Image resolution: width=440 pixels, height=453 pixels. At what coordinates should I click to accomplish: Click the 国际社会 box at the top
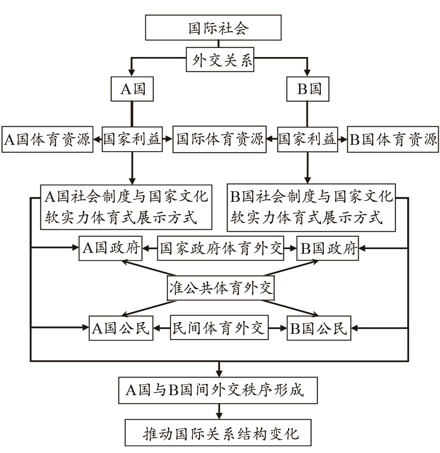click(213, 27)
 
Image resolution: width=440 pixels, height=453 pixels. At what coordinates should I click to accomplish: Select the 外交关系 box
click(220, 60)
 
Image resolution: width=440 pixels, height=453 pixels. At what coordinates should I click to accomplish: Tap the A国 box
click(132, 89)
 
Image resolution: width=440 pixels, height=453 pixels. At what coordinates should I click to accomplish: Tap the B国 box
click(308, 89)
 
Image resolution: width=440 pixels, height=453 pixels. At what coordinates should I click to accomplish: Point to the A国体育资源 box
click(47, 139)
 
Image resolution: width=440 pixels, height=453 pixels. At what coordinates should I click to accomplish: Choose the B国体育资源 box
click(393, 139)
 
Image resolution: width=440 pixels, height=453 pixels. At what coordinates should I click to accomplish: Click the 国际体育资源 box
click(220, 139)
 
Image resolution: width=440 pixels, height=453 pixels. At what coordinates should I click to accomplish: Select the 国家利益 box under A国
click(132, 139)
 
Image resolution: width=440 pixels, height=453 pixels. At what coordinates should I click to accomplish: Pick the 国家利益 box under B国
click(308, 139)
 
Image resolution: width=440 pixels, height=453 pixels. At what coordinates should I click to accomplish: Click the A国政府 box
click(111, 248)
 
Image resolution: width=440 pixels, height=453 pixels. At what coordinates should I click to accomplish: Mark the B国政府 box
click(328, 248)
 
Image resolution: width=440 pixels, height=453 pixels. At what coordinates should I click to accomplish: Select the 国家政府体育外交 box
click(220, 248)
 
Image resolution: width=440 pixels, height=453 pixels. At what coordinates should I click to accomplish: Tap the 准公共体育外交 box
click(221, 288)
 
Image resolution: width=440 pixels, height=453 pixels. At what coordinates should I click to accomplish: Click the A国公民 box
click(121, 328)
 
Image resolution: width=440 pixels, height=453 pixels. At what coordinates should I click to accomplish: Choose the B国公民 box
click(319, 328)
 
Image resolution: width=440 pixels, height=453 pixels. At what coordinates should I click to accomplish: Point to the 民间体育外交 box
click(219, 328)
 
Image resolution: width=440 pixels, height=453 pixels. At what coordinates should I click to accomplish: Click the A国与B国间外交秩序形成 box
click(218, 390)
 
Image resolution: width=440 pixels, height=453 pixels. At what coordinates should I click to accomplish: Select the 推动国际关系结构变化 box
click(218, 433)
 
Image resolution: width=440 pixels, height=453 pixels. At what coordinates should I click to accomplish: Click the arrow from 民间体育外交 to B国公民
click(277, 328)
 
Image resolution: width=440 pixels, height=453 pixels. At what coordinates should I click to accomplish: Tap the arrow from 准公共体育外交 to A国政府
click(149, 268)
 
